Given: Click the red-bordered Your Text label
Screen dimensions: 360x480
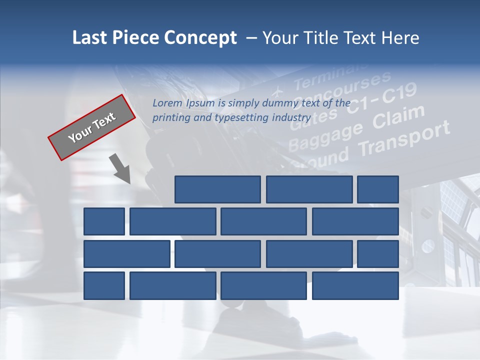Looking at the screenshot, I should tap(92, 127).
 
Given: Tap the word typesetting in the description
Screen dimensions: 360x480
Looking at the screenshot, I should tap(241, 118).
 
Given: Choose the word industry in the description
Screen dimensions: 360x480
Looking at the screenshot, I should tap(291, 118).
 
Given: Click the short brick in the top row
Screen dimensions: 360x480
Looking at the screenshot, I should tap(378, 189).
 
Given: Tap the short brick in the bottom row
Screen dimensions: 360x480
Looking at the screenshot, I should tap(104, 285).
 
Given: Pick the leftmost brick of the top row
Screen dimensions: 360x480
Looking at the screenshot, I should tap(217, 189).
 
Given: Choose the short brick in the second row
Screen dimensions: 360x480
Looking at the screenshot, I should tap(104, 221).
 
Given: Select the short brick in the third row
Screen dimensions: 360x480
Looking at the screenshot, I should tap(378, 253).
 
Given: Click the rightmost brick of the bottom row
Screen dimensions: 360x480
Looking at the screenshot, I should tap(355, 285).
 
